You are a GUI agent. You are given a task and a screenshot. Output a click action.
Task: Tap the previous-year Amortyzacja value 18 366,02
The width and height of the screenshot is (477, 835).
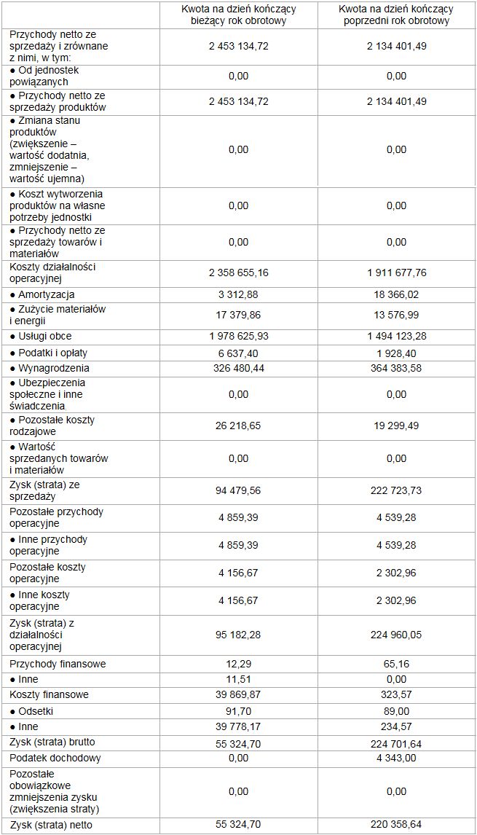pyautogui.click(x=396, y=294)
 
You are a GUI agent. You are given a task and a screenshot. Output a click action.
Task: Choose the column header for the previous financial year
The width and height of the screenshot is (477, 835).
pyautogui.click(x=396, y=15)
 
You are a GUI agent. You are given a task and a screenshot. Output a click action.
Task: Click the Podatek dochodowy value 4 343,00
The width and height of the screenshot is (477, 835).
pyautogui.click(x=396, y=758)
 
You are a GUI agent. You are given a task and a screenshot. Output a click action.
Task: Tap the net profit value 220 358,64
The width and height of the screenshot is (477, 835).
pyautogui.click(x=396, y=826)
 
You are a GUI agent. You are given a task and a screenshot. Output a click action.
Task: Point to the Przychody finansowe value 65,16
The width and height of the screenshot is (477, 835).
pyautogui.click(x=396, y=664)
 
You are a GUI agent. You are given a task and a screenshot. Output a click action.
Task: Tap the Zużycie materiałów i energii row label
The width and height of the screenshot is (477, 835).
pyautogui.click(x=57, y=315)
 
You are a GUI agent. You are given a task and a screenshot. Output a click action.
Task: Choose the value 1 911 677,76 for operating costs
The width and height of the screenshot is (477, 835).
pyautogui.click(x=396, y=273)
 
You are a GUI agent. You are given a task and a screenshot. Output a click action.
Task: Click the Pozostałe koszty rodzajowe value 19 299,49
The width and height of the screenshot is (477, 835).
pyautogui.click(x=396, y=426)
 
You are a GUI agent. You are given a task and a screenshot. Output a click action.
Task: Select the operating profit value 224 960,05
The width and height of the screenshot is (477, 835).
pyautogui.click(x=396, y=635)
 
